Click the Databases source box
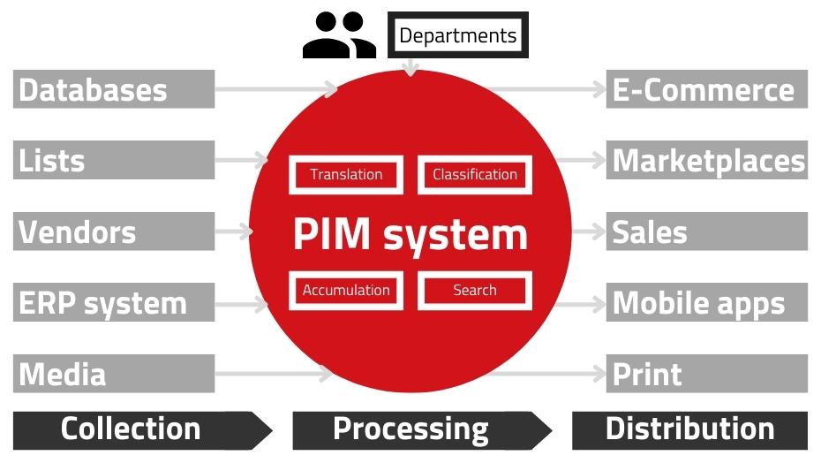(x=114, y=89)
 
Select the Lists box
(x=114, y=161)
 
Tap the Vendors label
(x=114, y=232)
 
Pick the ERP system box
(x=114, y=303)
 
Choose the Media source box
(x=114, y=374)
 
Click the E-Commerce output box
(x=706, y=89)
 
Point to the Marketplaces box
(x=706, y=161)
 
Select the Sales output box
(x=706, y=232)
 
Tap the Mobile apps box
(x=706, y=303)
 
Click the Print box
(x=706, y=374)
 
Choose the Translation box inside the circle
(x=346, y=174)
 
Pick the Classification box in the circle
(x=475, y=174)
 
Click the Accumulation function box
(x=346, y=290)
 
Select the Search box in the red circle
(x=475, y=290)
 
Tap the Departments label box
(x=457, y=35)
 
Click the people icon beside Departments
(x=339, y=35)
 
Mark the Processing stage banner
(x=415, y=429)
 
